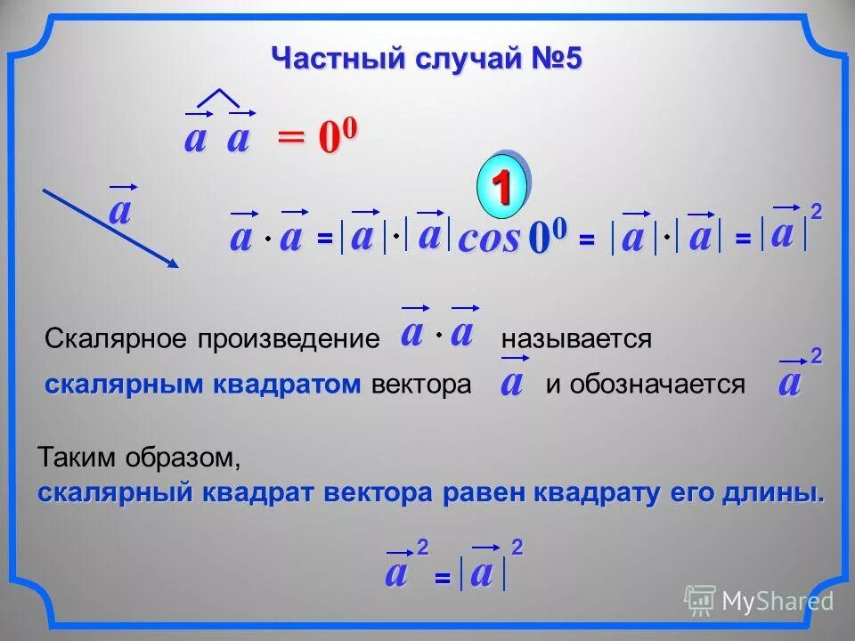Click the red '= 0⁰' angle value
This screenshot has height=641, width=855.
[x=317, y=138]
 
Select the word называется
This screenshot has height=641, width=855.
[x=576, y=338]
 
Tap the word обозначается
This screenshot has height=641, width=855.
[x=657, y=385]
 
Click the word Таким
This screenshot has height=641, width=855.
[x=76, y=459]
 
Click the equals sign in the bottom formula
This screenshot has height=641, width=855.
[x=441, y=579]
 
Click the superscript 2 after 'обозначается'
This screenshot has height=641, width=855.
[x=816, y=357]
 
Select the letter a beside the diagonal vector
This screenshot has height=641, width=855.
[x=119, y=212]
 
